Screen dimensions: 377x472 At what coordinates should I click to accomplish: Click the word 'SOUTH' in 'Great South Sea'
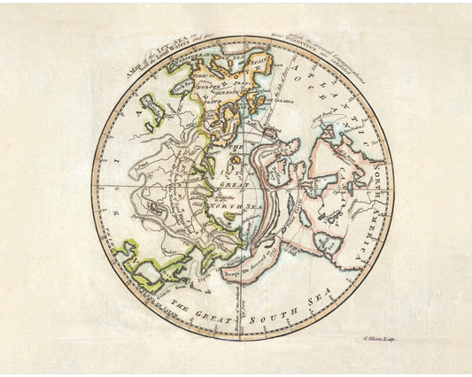pyautogui.click(x=263, y=318)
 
